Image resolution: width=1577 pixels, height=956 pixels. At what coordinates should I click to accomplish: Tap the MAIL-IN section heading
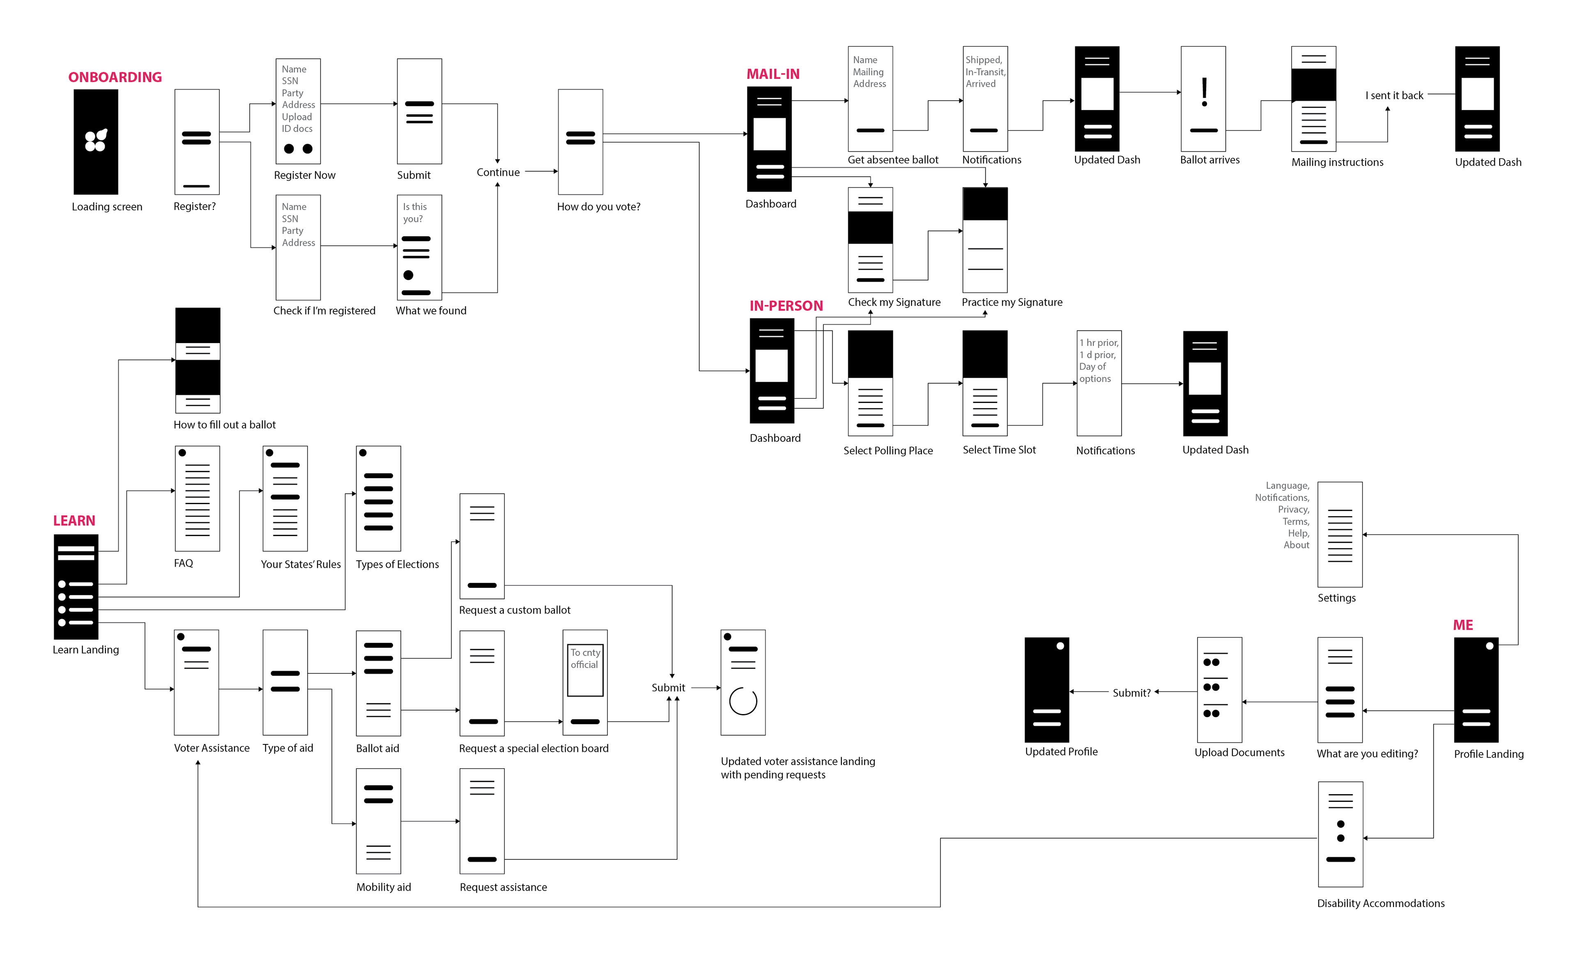(x=772, y=74)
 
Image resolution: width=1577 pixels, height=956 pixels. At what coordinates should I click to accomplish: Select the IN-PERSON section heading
(x=786, y=306)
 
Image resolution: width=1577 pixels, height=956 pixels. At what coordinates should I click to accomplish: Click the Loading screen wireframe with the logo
(x=96, y=141)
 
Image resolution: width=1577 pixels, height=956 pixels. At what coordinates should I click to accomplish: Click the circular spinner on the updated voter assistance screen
(x=743, y=701)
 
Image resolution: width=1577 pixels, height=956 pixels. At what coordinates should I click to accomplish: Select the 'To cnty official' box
(x=585, y=670)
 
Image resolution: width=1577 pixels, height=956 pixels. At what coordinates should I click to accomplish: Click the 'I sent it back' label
(x=1394, y=95)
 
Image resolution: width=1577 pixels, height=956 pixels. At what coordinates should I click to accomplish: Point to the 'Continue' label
(x=498, y=172)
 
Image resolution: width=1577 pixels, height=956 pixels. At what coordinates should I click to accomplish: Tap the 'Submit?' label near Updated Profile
(x=1131, y=693)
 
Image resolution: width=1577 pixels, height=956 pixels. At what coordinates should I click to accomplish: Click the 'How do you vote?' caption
(x=598, y=207)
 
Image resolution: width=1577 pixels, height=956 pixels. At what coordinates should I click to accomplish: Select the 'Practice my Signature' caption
(x=1011, y=302)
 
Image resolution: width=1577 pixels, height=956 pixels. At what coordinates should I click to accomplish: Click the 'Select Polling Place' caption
(x=888, y=451)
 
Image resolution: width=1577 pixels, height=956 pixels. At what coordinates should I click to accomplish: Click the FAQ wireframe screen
(x=197, y=499)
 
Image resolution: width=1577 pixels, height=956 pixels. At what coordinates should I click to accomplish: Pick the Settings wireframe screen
(x=1340, y=534)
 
